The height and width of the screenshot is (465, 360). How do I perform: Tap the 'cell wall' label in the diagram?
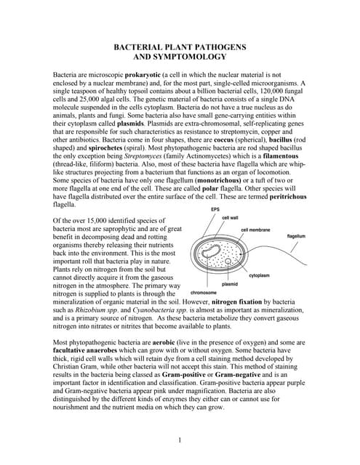[231, 217]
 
